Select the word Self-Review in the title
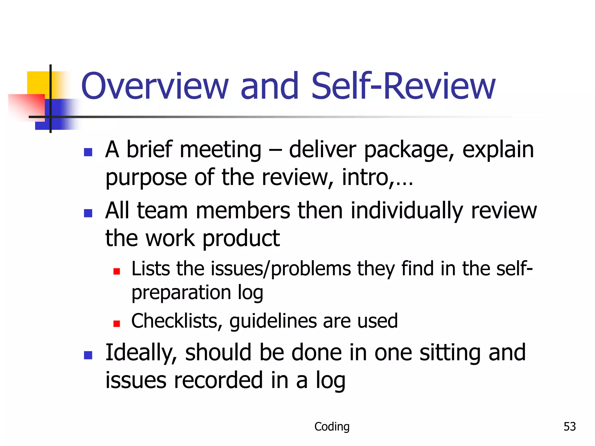403,86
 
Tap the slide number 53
569,427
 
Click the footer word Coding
332,427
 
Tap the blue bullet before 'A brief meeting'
88,152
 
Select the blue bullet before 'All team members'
88,213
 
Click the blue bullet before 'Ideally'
88,355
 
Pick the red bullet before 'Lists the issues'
117,271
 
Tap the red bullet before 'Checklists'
117,323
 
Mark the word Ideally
141,353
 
